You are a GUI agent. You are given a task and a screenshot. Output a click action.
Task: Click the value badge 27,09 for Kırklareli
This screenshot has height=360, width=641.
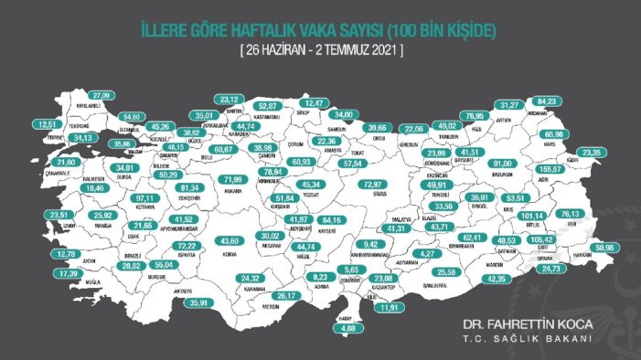click(101, 94)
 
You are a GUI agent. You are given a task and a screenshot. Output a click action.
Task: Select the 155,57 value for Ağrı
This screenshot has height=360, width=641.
click(579, 169)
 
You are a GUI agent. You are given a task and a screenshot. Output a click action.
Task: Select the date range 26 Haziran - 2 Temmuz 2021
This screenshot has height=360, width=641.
click(320, 49)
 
